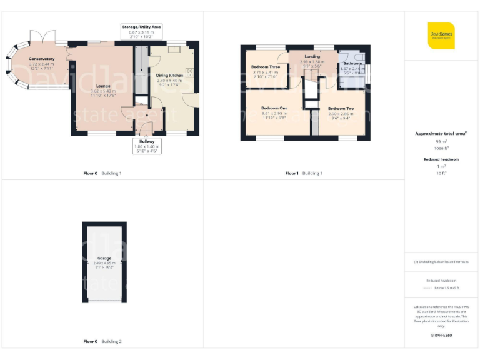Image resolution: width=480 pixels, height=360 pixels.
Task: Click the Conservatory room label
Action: click(41, 59)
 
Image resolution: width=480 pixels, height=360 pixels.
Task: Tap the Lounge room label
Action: click(104, 86)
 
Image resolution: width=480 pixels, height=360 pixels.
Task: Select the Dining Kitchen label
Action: click(169, 75)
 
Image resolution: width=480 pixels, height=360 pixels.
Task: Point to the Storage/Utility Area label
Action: click(141, 27)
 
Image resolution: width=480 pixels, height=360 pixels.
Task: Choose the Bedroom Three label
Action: click(266, 67)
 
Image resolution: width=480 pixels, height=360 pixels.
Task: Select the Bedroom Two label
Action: click(341, 109)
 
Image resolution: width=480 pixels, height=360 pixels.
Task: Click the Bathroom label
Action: click(352, 63)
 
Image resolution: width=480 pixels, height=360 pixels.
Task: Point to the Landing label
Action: click(312, 57)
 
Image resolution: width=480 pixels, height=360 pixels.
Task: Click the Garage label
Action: click(104, 258)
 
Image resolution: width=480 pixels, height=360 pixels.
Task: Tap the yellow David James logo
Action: click(441, 35)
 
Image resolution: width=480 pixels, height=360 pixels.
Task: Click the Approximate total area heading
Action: click(441, 134)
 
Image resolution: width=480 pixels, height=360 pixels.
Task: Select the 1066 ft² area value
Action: click(442, 148)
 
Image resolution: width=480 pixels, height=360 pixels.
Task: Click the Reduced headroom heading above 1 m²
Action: click(442, 159)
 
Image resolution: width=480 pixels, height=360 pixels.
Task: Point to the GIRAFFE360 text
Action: click(441, 336)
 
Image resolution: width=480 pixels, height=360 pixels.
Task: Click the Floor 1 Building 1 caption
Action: click(304, 173)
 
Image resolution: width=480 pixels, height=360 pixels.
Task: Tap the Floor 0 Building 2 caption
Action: click(102, 342)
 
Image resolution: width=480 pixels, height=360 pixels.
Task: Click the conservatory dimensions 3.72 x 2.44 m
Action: click(41, 64)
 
